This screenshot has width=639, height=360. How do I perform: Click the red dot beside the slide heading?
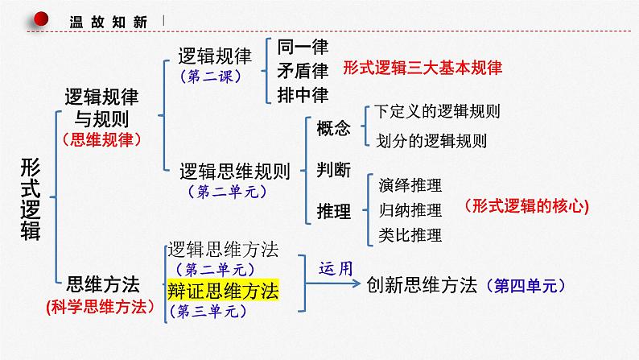pos(42,21)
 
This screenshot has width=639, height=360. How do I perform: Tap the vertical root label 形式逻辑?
pos(35,195)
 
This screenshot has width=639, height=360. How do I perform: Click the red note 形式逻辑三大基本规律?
pos(422,68)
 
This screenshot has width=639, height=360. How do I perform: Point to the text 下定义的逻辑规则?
pos(431,112)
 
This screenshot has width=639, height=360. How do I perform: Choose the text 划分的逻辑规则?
pos(431,140)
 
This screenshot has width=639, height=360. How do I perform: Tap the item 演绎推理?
pos(410,185)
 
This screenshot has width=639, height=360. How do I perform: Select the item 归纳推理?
pos(410,210)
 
